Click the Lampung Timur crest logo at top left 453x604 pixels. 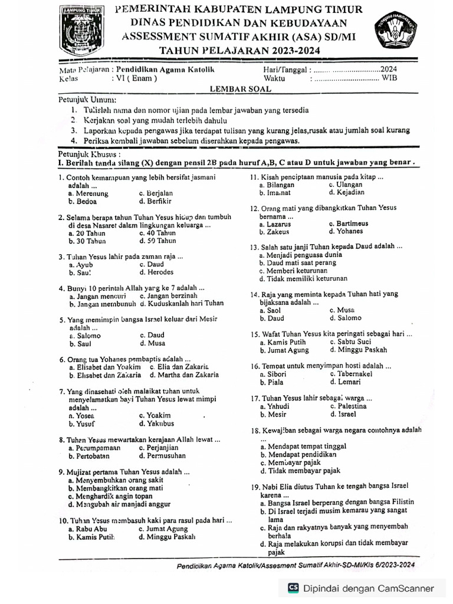80,30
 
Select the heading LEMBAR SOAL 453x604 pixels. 241,88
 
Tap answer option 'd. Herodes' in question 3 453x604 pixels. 156,273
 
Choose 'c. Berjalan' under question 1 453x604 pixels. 156,193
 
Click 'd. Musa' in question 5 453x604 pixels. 152,343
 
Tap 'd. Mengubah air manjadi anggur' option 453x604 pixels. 119,504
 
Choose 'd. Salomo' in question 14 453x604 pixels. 346,318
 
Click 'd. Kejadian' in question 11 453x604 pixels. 346,192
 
